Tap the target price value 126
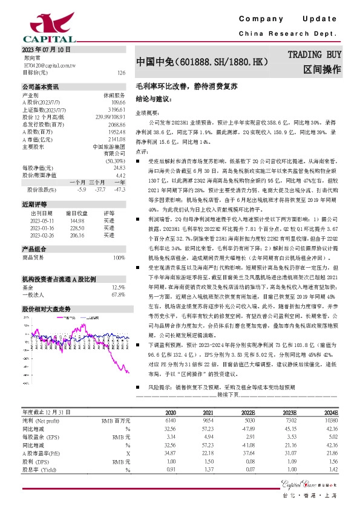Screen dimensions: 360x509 pos(121,73)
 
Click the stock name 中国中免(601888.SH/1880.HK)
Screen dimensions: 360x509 pos(201,62)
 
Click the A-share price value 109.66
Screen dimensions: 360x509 pos(118,103)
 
